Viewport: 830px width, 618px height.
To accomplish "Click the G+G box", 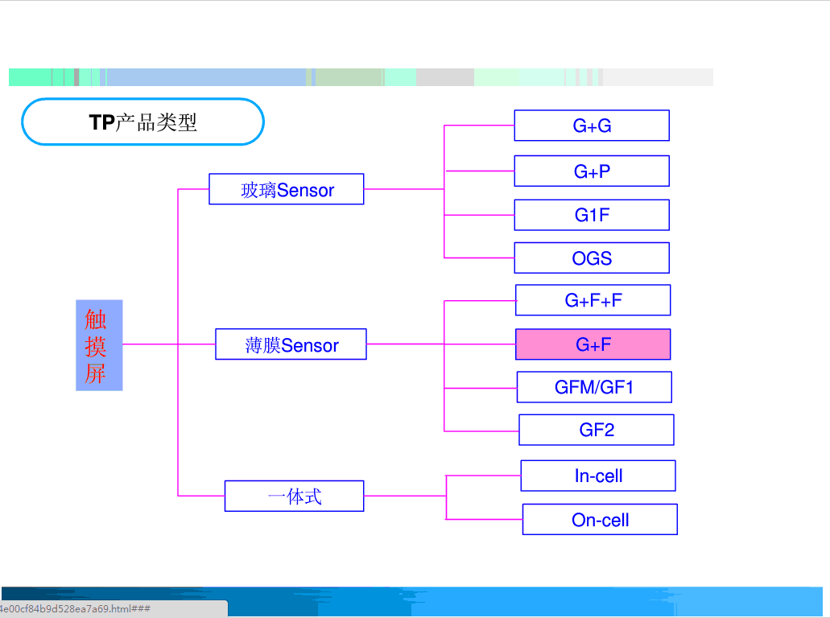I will click(592, 126).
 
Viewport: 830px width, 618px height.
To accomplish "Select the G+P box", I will click(592, 171).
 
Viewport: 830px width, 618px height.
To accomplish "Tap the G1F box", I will click(592, 215).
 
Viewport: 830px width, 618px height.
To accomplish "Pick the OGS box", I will click(592, 258).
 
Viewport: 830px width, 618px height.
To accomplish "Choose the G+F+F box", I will click(593, 300).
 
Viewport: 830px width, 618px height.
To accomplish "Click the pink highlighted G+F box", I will click(593, 344).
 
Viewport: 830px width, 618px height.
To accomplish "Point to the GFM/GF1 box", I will click(594, 387).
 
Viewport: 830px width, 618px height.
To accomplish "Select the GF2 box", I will click(596, 430).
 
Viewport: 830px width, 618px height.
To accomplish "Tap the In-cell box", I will click(598, 476).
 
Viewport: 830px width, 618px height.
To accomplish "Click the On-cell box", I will click(600, 519).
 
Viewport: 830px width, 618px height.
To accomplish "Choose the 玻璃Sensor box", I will click(286, 189).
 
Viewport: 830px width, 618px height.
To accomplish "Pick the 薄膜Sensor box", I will click(291, 344).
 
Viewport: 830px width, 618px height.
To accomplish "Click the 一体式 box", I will click(294, 496).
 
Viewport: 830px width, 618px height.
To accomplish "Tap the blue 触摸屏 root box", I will click(99, 345).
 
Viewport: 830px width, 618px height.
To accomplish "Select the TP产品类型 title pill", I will click(142, 122).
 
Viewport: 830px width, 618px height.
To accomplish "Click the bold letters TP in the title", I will click(101, 122).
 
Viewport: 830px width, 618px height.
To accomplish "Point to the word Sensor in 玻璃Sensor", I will click(305, 191).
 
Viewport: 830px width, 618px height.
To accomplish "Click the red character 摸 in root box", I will click(95, 347).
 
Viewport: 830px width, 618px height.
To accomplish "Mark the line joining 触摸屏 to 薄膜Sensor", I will click(169, 344).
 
